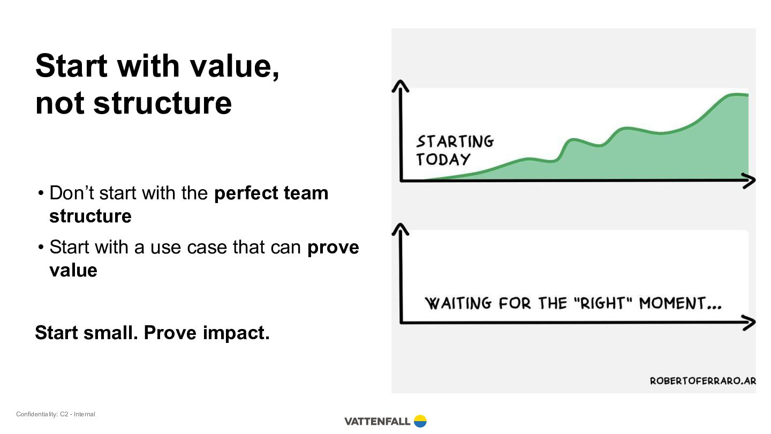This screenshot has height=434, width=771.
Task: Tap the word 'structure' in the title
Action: [x=162, y=103]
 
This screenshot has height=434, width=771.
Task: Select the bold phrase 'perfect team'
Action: [x=271, y=193]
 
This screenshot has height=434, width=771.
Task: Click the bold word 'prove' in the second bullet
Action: [x=333, y=248]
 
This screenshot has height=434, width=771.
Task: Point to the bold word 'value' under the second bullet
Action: [x=73, y=270]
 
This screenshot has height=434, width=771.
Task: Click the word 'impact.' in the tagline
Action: [x=236, y=333]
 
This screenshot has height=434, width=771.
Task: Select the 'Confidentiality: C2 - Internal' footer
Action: [x=56, y=414]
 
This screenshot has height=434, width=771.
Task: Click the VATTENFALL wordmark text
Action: [x=377, y=421]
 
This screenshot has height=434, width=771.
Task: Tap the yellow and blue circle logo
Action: [x=420, y=421]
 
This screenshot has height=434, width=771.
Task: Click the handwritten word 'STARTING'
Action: [x=455, y=141]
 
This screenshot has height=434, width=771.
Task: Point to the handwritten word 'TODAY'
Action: [x=443, y=160]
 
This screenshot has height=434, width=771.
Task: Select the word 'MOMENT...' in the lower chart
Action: [x=681, y=303]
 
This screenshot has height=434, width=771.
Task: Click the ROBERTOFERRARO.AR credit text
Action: [x=703, y=381]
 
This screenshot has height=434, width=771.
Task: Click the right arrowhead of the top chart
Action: [x=750, y=181]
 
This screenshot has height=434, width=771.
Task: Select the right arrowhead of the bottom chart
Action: [x=750, y=323]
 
